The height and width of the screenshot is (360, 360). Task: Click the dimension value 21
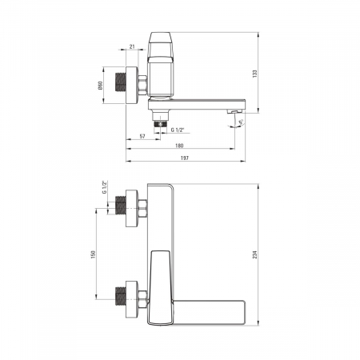pyautogui.click(x=132, y=46)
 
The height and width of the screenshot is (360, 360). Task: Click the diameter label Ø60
pyautogui.click(x=101, y=86)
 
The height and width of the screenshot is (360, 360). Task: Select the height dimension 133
pyautogui.click(x=254, y=74)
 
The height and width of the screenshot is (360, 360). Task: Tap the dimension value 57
pyautogui.click(x=142, y=136)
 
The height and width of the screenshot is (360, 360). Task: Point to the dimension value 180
pyautogui.click(x=179, y=146)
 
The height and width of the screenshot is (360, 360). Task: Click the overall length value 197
pyautogui.click(x=185, y=158)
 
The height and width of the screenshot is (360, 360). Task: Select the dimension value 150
pyautogui.click(x=93, y=254)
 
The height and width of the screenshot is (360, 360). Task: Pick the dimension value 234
pyautogui.click(x=254, y=254)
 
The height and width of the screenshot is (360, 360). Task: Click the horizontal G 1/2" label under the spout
pyautogui.click(x=178, y=130)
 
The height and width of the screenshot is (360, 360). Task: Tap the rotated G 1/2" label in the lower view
pyautogui.click(x=104, y=187)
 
